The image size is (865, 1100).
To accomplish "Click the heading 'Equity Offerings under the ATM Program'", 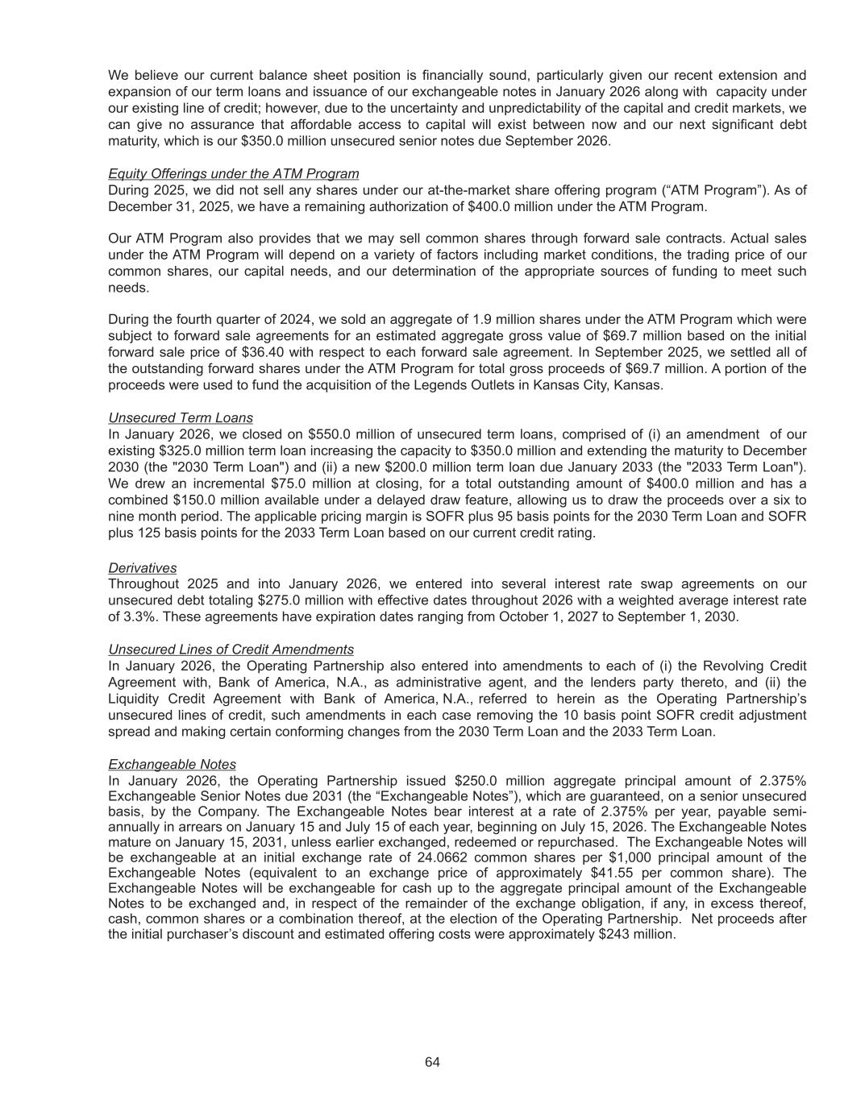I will tap(234, 173).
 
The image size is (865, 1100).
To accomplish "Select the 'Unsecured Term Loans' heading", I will tap(181, 417).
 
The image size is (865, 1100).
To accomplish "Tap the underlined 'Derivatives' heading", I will tap(143, 567).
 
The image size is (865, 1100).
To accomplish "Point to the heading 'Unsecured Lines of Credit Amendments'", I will tap(231, 649).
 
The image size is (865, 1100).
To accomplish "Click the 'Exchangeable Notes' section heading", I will tap(172, 764).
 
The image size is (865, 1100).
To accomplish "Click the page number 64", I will tap(432, 1062).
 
